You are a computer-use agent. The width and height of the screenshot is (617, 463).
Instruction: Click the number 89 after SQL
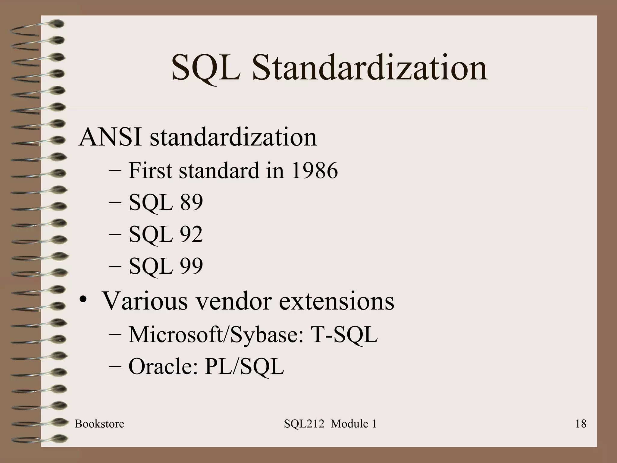coord(191,202)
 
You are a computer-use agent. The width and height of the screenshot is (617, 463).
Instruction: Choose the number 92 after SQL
coord(191,234)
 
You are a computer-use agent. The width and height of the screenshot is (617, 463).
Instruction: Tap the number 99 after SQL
coord(191,266)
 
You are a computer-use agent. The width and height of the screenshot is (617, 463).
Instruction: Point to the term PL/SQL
coord(244,367)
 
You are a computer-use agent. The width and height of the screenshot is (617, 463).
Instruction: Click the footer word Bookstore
coord(99,424)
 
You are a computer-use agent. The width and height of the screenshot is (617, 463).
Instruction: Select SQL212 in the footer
coord(304,424)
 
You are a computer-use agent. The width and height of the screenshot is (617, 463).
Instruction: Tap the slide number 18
coord(581,424)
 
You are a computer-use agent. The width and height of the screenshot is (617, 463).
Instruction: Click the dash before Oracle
coord(115,367)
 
